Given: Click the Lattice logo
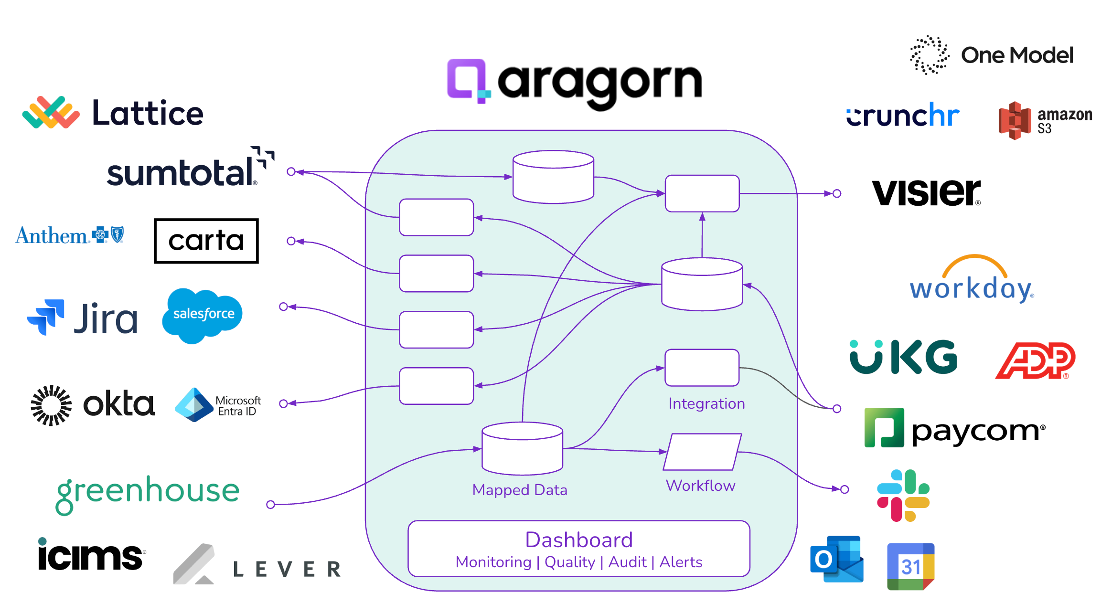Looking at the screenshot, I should (x=113, y=113).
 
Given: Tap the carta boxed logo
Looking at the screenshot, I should (x=206, y=241).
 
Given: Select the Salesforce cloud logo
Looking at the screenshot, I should (x=203, y=315).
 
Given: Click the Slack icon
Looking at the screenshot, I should (x=903, y=495).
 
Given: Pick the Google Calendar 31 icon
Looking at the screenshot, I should (x=910, y=566).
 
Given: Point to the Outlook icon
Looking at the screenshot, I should (x=836, y=559).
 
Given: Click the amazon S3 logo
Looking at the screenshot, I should (x=1044, y=120).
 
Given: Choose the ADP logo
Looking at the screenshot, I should (x=1035, y=360).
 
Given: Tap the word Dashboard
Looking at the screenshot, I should (x=578, y=540).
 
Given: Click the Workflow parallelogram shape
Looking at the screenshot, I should (x=702, y=452).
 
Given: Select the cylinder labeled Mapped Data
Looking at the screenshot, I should (x=522, y=449).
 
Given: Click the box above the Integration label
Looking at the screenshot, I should (x=702, y=368).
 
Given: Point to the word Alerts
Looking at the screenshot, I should (x=681, y=562).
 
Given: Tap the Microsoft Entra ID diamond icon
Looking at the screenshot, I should (x=193, y=404).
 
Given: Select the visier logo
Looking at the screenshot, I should (x=926, y=192).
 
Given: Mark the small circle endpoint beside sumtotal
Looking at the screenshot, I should (x=291, y=171).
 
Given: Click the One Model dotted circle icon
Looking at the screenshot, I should (x=929, y=55).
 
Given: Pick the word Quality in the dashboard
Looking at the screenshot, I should (x=570, y=562).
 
